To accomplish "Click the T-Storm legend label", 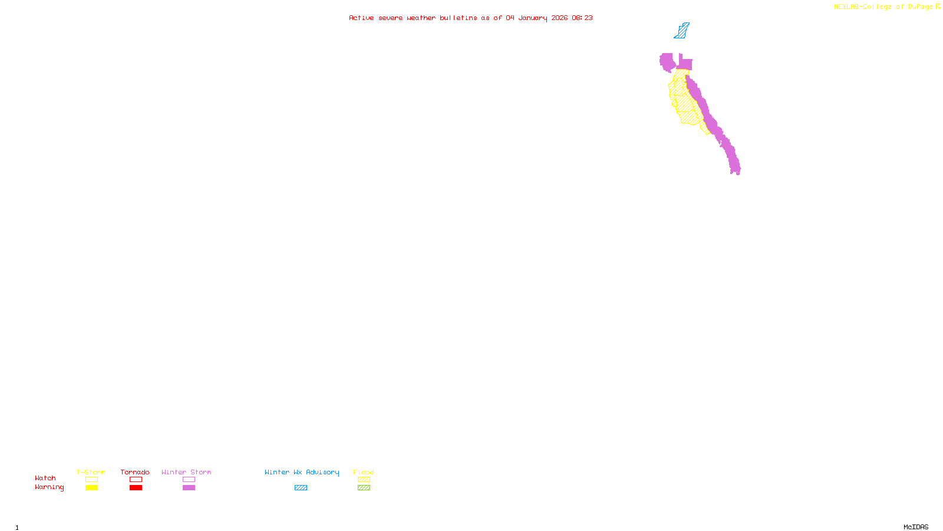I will tap(91, 472).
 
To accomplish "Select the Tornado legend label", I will tap(135, 472).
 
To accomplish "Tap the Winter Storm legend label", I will tap(186, 472).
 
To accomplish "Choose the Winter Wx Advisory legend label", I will tap(302, 472).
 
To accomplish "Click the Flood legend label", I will tap(364, 472).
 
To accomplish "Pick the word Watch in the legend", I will tap(45, 478).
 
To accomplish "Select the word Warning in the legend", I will tap(50, 487).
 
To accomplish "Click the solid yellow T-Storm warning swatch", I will tap(91, 488).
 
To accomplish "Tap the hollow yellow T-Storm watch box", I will tap(91, 480).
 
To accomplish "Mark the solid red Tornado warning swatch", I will tap(136, 488).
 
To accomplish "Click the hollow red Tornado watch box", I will tap(136, 480).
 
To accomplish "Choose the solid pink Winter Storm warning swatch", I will tap(189, 488).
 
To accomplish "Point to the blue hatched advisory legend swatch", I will tap(301, 488).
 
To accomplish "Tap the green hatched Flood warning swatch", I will tap(364, 488).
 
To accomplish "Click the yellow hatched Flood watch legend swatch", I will tap(364, 480).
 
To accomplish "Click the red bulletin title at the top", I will tap(470, 18).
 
